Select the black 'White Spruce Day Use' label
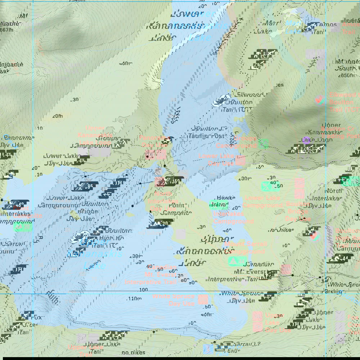[x=242, y=297]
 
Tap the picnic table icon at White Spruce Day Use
[x=270, y=296]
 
